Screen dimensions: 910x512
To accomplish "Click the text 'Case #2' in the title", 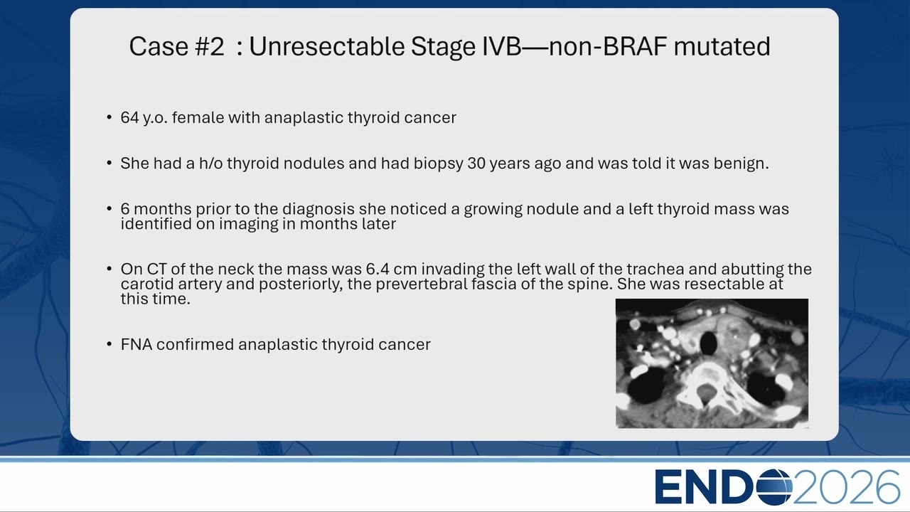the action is (176, 46).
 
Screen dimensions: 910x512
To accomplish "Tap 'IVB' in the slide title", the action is (501, 46).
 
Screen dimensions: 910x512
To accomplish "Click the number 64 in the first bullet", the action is (129, 118).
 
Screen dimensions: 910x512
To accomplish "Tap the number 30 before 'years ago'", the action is (476, 164).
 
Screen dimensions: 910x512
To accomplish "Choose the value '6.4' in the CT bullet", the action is (377, 269).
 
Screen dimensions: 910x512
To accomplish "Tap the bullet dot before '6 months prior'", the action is (109, 208).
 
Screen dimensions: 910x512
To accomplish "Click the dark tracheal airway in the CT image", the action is (708, 343).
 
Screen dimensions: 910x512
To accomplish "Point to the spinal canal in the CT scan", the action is (706, 394).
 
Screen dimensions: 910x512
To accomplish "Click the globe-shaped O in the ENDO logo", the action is (774, 487).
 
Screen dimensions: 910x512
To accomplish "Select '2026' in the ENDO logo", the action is (846, 487).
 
